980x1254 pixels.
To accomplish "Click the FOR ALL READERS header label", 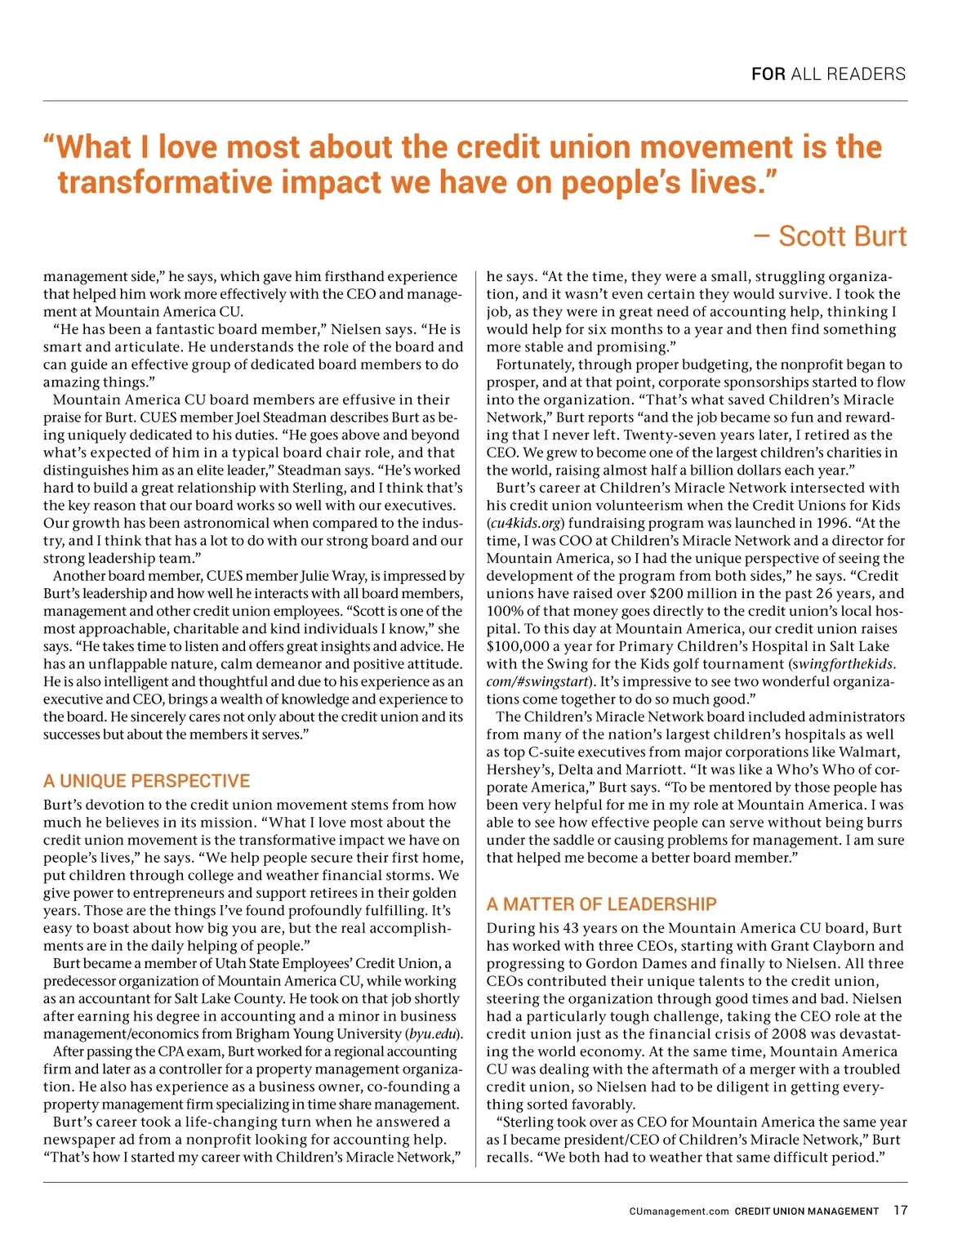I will [x=828, y=74].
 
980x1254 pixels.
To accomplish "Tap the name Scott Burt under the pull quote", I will [x=842, y=236].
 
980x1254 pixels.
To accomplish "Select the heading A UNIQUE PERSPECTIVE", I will [x=147, y=781].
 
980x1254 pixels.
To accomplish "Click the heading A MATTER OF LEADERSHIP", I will [x=601, y=904].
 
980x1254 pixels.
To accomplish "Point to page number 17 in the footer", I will [x=900, y=1211].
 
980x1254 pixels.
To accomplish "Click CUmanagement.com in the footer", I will [x=679, y=1212].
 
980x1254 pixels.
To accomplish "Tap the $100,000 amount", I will [x=519, y=646].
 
